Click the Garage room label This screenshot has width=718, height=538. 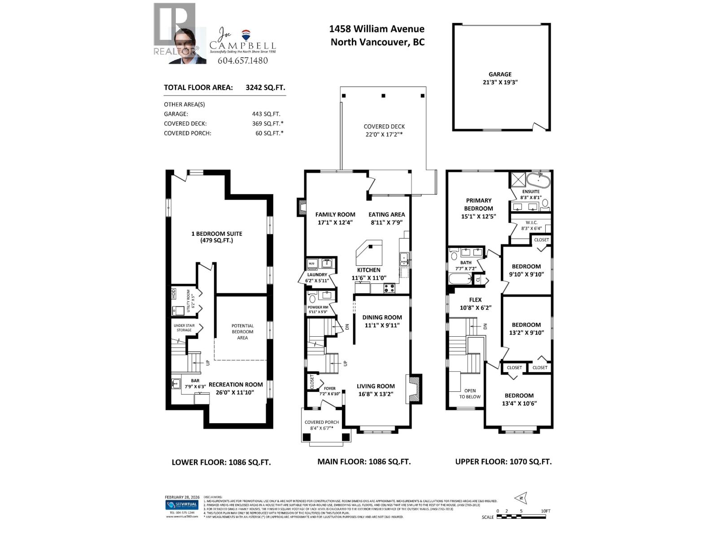pos(500,74)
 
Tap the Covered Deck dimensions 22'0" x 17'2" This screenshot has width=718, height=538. pos(384,134)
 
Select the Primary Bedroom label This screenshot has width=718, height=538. pos(478,204)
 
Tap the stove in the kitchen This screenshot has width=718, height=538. pos(389,288)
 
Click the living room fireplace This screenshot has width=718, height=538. pos(413,389)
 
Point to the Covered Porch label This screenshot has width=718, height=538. pos(322,422)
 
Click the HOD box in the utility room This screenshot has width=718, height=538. pos(174,294)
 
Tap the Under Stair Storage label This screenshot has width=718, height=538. pos(184,328)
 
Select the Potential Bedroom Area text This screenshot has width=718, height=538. pos(242,332)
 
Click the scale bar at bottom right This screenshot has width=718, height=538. pos(521,516)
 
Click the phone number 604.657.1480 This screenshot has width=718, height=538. pos(242,61)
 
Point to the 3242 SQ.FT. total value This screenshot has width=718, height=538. pos(265,88)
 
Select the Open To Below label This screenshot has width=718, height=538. pos(470,394)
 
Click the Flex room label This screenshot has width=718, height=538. pos(475,300)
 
